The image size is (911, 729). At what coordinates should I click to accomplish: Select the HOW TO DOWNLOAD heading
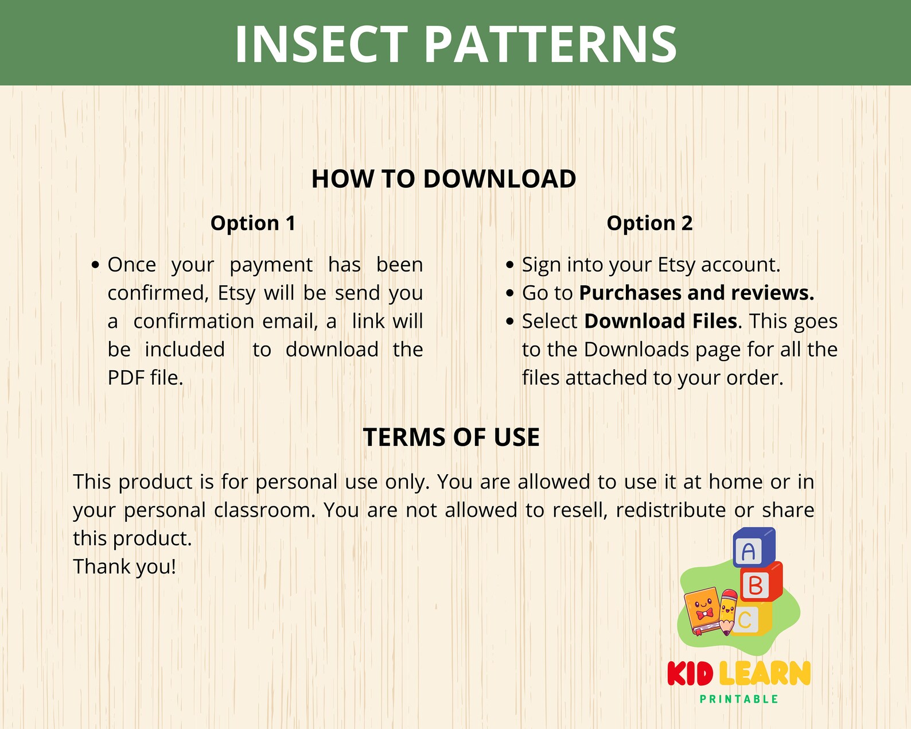click(443, 179)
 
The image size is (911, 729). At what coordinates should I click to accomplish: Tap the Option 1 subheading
click(253, 223)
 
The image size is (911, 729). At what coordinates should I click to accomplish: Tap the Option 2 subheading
click(649, 223)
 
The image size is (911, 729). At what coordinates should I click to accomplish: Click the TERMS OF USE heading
click(451, 437)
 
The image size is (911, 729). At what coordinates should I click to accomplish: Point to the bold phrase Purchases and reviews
click(696, 293)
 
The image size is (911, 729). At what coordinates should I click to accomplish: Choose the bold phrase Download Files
click(660, 321)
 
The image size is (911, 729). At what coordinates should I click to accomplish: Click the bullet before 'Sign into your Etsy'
click(510, 265)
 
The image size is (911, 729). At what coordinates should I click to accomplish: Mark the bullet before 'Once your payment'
click(96, 265)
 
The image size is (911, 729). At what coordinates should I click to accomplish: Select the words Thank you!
click(124, 567)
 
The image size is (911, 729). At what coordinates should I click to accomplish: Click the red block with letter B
click(758, 585)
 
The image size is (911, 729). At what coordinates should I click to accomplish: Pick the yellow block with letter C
click(749, 619)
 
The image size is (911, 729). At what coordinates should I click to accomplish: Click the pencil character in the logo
click(728, 611)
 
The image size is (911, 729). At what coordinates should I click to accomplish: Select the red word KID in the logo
click(690, 674)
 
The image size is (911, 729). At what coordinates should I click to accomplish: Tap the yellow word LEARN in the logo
click(764, 674)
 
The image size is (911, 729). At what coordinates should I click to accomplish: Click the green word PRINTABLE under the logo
click(739, 699)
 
